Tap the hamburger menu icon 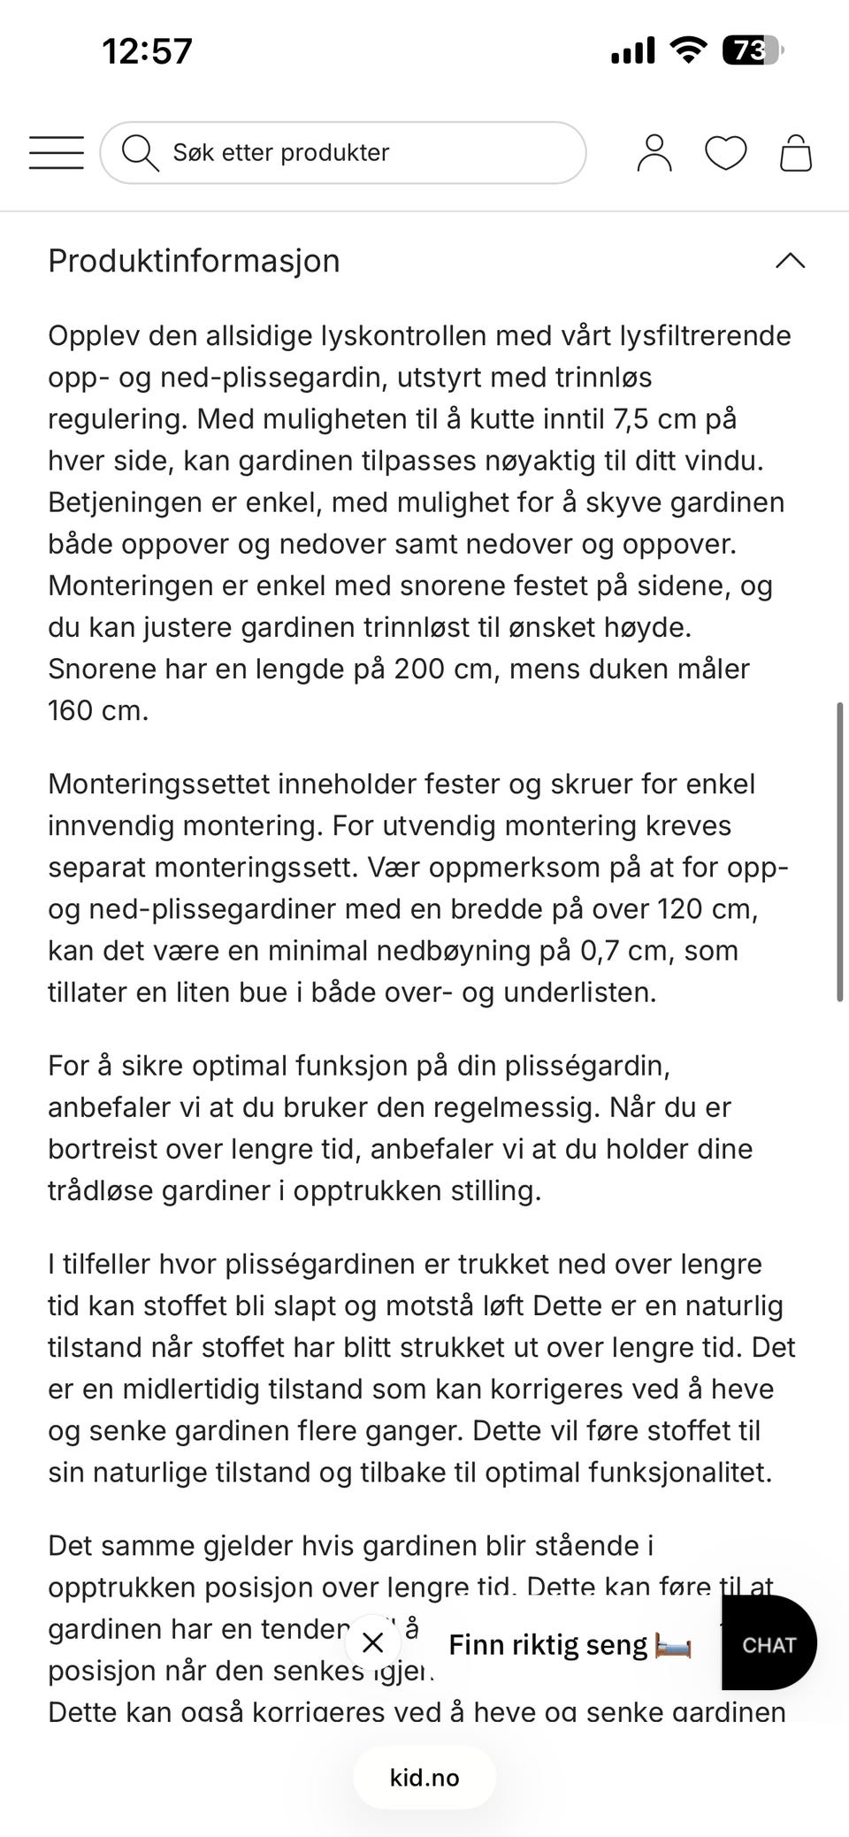click(56, 152)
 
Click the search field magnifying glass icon click(139, 152)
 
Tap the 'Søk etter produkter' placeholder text click(280, 152)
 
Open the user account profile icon click(654, 152)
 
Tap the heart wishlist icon click(725, 153)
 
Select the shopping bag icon click(796, 153)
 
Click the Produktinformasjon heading click(194, 261)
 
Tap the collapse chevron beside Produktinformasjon click(790, 261)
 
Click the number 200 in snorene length click(419, 669)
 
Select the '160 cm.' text click(98, 710)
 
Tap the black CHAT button click(769, 1645)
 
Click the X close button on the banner click(373, 1643)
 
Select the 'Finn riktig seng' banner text click(547, 1645)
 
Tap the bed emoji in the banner click(673, 1646)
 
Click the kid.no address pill click(424, 1778)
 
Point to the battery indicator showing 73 click(752, 50)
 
